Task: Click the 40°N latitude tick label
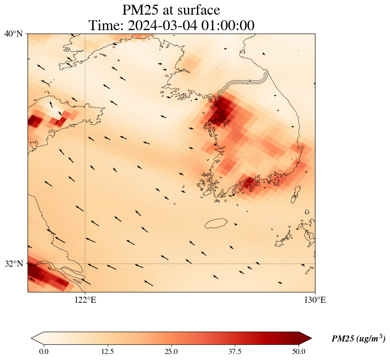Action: [x=13, y=34]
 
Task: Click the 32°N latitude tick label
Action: [x=13, y=264]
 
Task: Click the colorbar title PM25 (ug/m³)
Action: [x=358, y=339]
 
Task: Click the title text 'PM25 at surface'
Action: [x=171, y=9]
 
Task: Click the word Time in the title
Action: [x=103, y=25]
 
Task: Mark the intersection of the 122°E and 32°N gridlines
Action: [x=85, y=264]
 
